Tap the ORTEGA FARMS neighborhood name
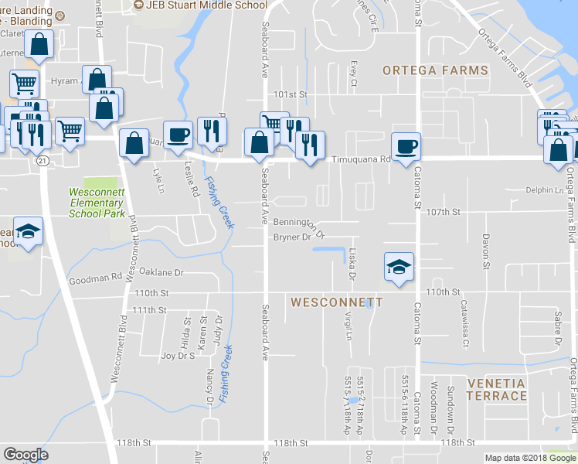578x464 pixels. point(436,70)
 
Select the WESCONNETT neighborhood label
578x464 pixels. point(336,302)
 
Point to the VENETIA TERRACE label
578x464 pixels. point(496,390)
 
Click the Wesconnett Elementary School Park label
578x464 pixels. point(97,203)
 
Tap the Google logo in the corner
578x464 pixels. point(25,455)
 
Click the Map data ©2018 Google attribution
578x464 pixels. point(529,458)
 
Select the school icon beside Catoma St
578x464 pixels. point(399,268)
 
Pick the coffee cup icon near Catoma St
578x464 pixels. point(406,146)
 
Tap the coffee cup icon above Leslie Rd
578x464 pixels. point(178,135)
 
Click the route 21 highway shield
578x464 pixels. point(42,159)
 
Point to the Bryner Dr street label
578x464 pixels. point(292,237)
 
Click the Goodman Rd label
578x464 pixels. point(95,276)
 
